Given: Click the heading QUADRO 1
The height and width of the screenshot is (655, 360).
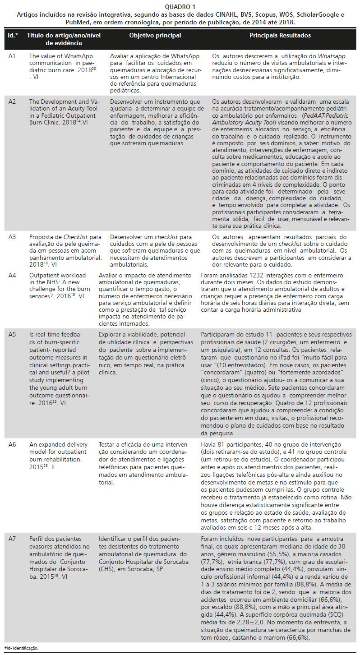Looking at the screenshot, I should (x=180, y=7).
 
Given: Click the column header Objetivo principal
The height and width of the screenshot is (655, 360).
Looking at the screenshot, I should (x=155, y=35).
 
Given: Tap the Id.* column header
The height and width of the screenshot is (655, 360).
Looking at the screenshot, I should (x=12, y=35).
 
